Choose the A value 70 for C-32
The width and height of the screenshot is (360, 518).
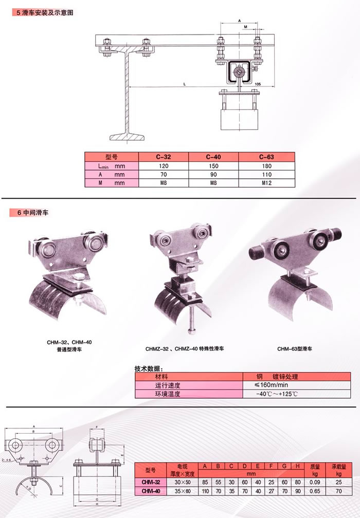(x=163, y=174)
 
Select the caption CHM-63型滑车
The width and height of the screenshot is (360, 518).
(x=295, y=349)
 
